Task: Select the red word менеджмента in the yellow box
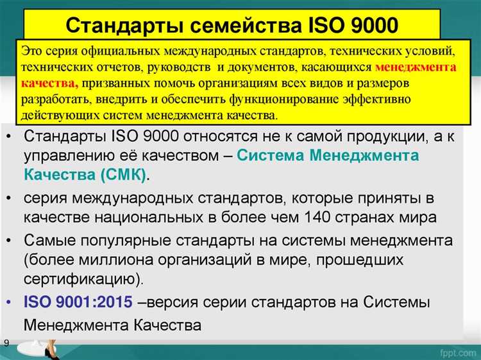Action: click(416, 66)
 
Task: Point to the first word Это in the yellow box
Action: click(33, 49)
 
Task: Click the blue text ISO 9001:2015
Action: click(80, 302)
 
